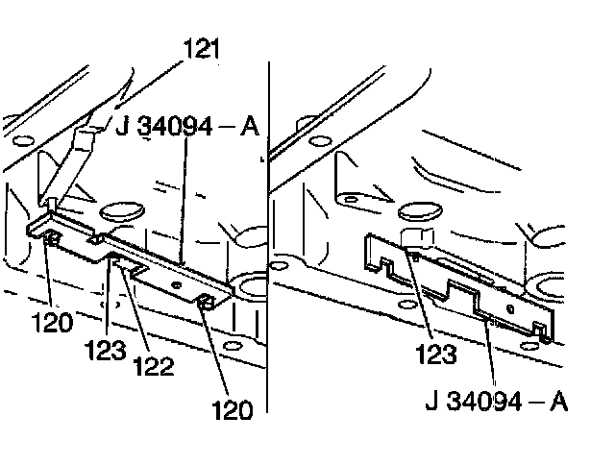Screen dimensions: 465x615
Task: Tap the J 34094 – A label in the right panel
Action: pos(496,399)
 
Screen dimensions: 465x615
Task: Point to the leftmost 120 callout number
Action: pos(51,323)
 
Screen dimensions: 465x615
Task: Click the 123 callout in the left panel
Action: pos(106,348)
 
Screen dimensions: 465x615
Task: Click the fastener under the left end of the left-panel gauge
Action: pos(48,237)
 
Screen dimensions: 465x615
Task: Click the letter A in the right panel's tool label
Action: pos(557,399)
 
